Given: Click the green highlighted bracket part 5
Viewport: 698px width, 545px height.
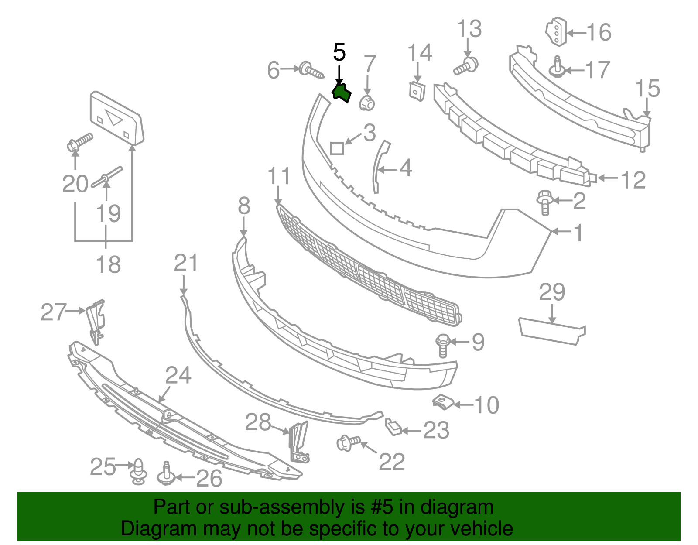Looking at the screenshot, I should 341,93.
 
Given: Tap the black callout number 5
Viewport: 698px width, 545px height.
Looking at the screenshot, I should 339,53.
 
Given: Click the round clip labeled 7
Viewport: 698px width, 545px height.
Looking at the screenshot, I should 367,104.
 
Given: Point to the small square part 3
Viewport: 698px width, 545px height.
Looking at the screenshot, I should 337,148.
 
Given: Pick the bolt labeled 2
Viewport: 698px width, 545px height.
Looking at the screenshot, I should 544,202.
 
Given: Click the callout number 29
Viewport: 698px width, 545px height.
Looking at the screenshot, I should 552,292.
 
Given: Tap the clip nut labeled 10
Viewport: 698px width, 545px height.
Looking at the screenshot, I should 443,402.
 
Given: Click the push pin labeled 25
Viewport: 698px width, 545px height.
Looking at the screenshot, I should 139,471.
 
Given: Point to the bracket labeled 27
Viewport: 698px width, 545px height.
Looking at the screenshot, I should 96,320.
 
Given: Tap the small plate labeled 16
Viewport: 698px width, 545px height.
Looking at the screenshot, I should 556,31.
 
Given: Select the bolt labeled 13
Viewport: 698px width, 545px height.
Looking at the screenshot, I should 466,66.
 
